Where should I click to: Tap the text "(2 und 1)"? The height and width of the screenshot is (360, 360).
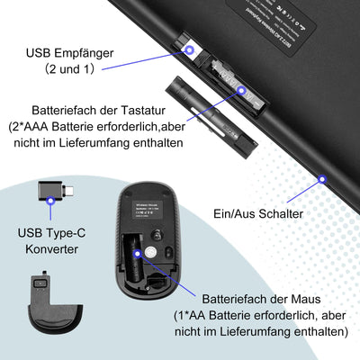(x=66, y=67)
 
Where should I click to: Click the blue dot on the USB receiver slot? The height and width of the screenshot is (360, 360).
(x=191, y=50)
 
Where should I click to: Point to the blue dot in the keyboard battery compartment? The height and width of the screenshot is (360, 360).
(x=241, y=89)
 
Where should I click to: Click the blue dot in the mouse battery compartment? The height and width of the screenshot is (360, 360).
(x=137, y=256)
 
